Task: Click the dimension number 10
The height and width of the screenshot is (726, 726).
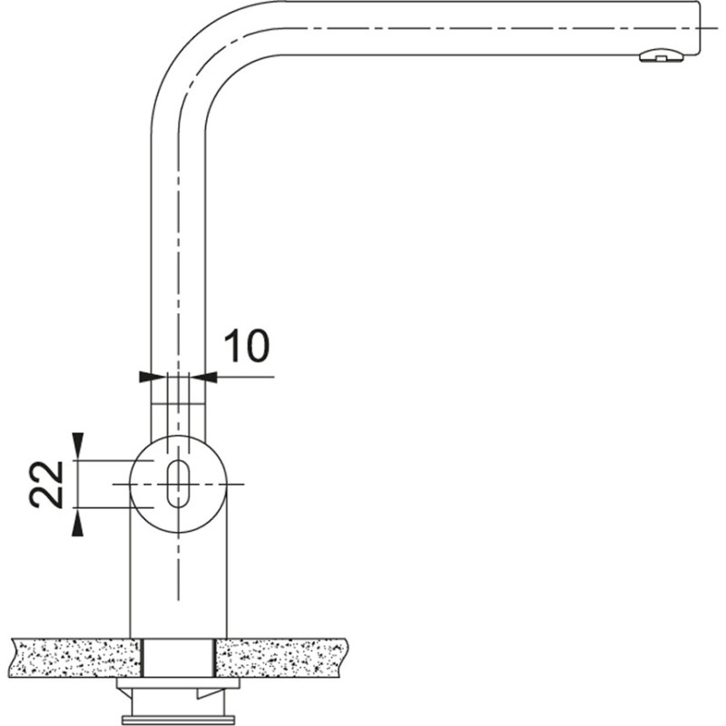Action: point(246,346)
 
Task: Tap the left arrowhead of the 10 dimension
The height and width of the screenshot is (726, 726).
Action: point(144,376)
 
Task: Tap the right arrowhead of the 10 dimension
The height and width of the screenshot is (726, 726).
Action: point(210,376)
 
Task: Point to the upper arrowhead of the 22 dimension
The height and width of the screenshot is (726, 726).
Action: point(78,446)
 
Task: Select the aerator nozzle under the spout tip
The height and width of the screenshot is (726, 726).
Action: point(660,56)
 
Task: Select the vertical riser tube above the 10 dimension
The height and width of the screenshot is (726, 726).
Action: point(178,227)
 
